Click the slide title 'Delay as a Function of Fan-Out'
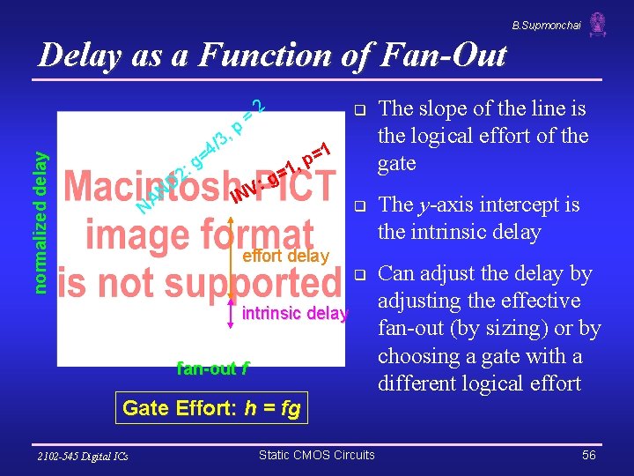click(x=273, y=56)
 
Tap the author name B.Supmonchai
click(x=547, y=26)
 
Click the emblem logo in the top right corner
click(x=598, y=24)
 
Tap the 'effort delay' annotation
click(x=285, y=257)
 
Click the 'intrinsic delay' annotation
click(x=294, y=313)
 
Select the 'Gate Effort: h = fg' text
click(x=211, y=408)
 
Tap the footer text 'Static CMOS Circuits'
click(x=316, y=455)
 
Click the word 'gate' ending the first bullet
click(x=396, y=164)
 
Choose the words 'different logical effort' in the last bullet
click(x=479, y=383)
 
